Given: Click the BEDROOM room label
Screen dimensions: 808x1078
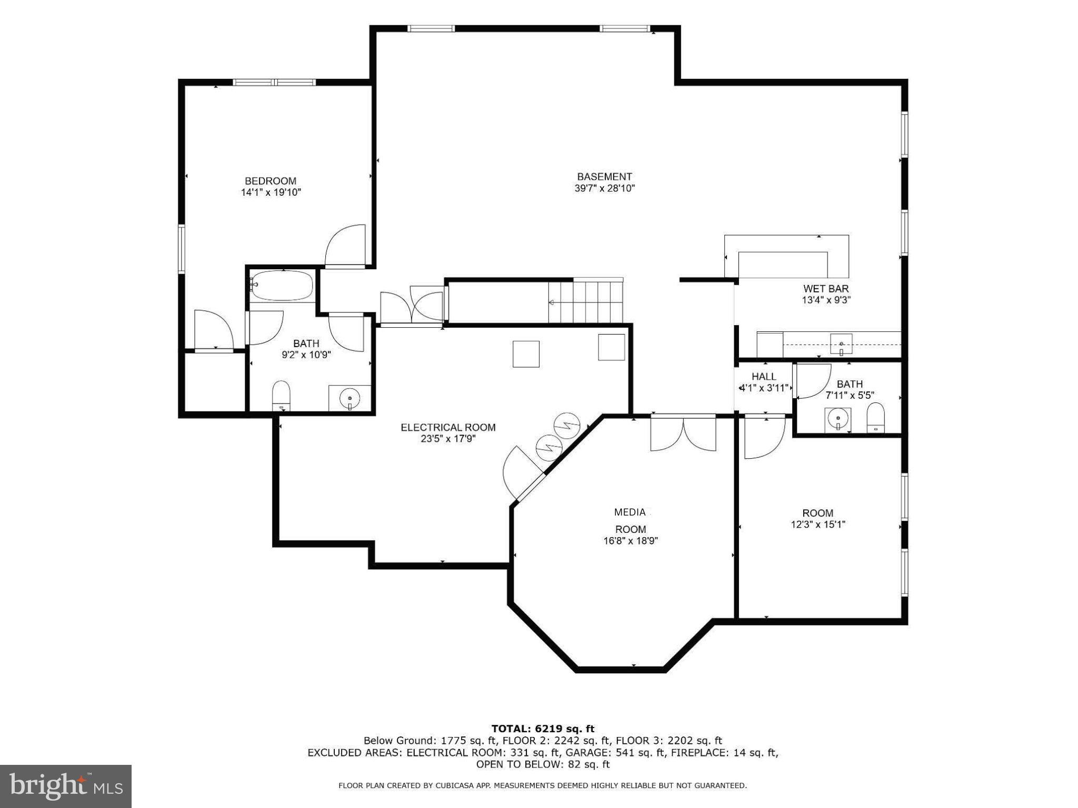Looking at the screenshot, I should [270, 181].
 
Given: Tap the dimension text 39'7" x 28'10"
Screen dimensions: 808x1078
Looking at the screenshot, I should [604, 188].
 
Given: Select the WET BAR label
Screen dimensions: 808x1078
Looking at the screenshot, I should [825, 289].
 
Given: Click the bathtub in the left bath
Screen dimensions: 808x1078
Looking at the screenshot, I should [282, 286].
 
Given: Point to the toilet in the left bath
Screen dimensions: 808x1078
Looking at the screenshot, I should [282, 396].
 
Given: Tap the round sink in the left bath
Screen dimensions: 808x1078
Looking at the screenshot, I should [349, 399].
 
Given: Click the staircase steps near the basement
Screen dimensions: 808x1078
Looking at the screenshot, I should [585, 302].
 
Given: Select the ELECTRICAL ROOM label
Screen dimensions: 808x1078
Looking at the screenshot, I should [448, 427].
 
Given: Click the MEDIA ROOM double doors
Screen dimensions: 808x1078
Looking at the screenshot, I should [683, 433].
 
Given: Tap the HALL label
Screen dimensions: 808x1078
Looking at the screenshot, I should [763, 377].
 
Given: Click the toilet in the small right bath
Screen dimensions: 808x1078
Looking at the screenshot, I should [875, 418].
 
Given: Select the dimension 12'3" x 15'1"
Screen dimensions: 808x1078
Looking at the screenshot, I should [818, 524].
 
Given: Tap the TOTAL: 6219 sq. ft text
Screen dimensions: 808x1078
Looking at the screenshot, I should [543, 729].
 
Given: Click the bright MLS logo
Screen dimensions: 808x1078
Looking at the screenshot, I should [66, 786].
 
